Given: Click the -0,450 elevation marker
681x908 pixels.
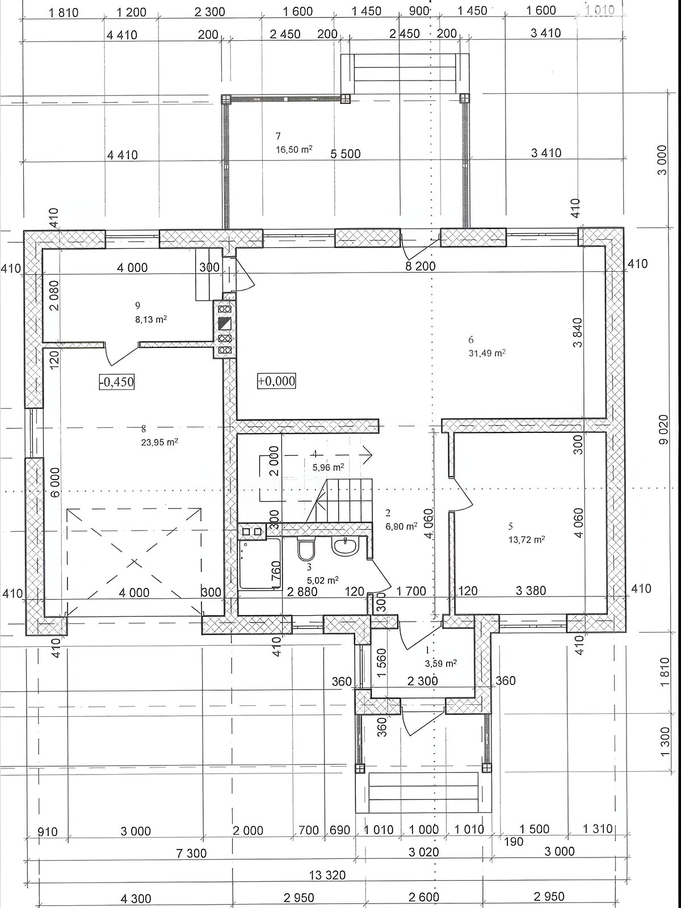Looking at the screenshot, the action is [117, 381].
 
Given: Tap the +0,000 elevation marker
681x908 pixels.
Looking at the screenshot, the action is [276, 381].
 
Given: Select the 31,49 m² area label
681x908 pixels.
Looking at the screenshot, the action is [487, 353].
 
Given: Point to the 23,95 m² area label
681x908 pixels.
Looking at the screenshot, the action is [159, 442].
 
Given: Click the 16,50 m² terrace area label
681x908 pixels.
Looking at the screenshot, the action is [294, 149].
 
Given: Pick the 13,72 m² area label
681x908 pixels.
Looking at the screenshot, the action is [527, 540].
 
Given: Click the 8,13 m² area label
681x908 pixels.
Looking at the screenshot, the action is [152, 319].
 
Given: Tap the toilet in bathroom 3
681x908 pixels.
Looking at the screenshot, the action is [306, 549].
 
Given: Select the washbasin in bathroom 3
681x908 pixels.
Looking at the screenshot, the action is [345, 546].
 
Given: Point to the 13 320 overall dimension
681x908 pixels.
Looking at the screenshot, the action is [327, 875].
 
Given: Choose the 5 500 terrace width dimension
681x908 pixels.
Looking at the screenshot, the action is [346, 154].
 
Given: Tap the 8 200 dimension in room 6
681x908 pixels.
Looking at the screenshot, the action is [420, 266].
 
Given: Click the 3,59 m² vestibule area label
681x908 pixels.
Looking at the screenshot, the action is [441, 663].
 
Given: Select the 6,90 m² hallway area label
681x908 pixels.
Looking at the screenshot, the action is [401, 526].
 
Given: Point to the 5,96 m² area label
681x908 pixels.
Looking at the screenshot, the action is [329, 468].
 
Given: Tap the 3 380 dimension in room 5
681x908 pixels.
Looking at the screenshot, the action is [531, 590].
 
